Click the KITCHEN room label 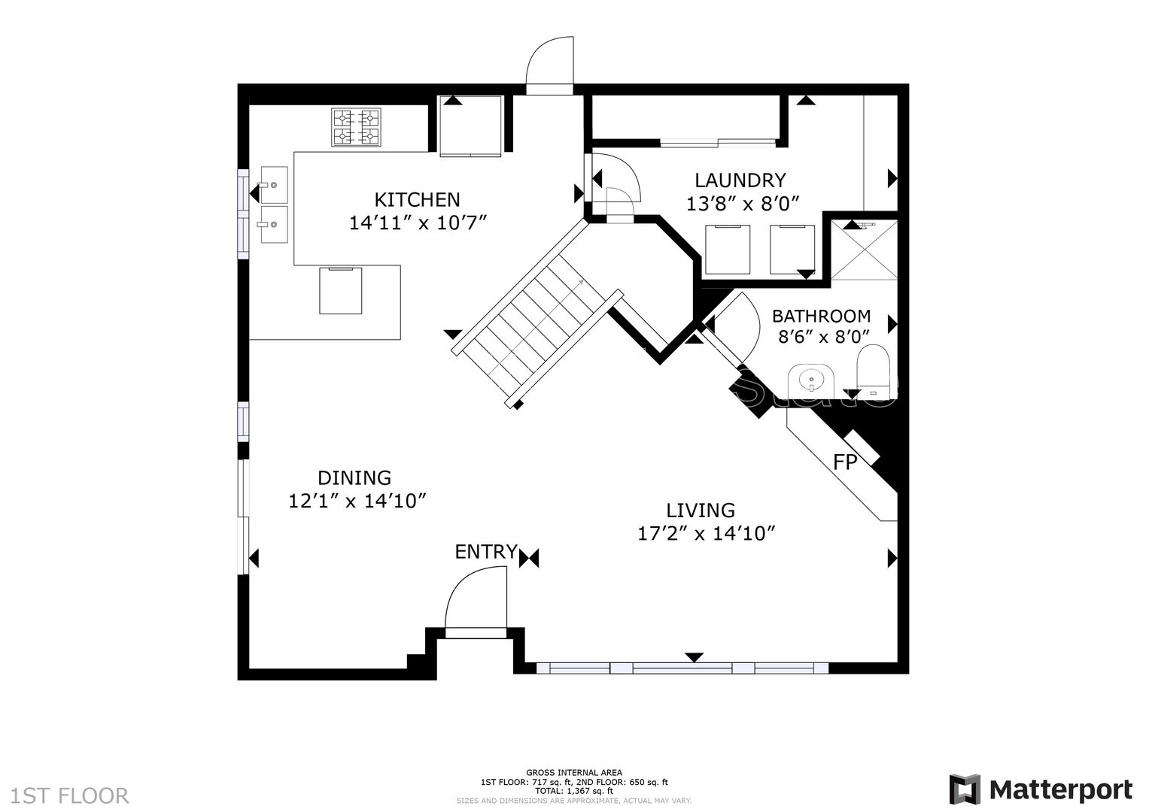[x=417, y=199]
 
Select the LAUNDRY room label [x=740, y=180]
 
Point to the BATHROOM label [x=821, y=316]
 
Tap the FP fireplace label [x=845, y=462]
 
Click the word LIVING [x=701, y=511]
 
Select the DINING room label [x=354, y=477]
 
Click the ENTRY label [x=486, y=552]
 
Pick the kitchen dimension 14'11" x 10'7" [x=418, y=223]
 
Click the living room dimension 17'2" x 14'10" [x=707, y=534]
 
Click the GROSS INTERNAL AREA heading [x=573, y=772]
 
